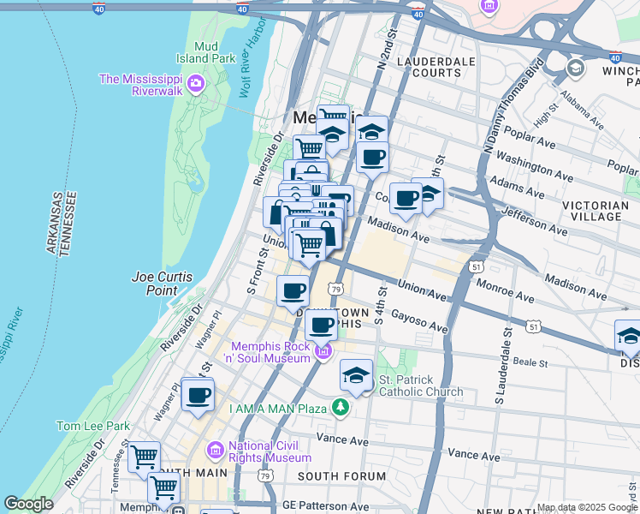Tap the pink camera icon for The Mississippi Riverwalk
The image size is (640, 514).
[197, 83]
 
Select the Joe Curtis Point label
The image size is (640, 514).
[162, 284]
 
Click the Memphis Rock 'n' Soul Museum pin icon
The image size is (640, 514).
[323, 351]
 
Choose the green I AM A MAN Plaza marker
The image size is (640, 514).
[341, 407]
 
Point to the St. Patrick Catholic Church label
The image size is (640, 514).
[421, 385]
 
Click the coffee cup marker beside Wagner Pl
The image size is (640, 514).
[198, 395]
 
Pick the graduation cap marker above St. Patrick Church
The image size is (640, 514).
[357, 374]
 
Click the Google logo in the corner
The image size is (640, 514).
[28, 505]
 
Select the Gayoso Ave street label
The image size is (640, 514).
[419, 321]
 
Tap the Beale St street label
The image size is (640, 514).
[530, 363]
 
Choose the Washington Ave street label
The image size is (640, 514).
[534, 167]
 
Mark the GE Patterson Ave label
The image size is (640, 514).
[329, 506]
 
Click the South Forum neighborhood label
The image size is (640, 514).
[331, 475]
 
